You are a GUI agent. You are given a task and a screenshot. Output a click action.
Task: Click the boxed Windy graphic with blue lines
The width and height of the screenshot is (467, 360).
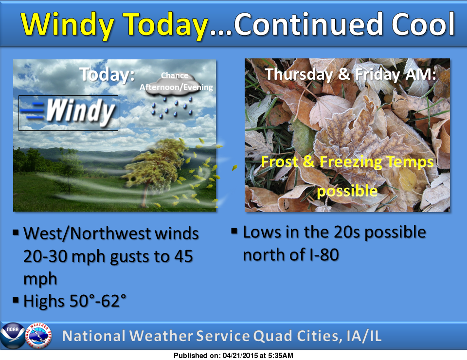pos(68,113)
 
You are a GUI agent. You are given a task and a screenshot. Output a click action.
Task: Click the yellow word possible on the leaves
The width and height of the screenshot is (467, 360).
pos(347,191)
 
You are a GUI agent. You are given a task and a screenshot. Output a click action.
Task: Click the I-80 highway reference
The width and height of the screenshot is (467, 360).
pos(318,254)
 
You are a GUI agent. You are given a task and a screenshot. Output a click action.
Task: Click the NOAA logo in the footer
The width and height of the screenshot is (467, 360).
pos(12,335)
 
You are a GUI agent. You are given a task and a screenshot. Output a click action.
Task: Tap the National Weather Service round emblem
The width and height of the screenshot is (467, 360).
pos(38,335)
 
